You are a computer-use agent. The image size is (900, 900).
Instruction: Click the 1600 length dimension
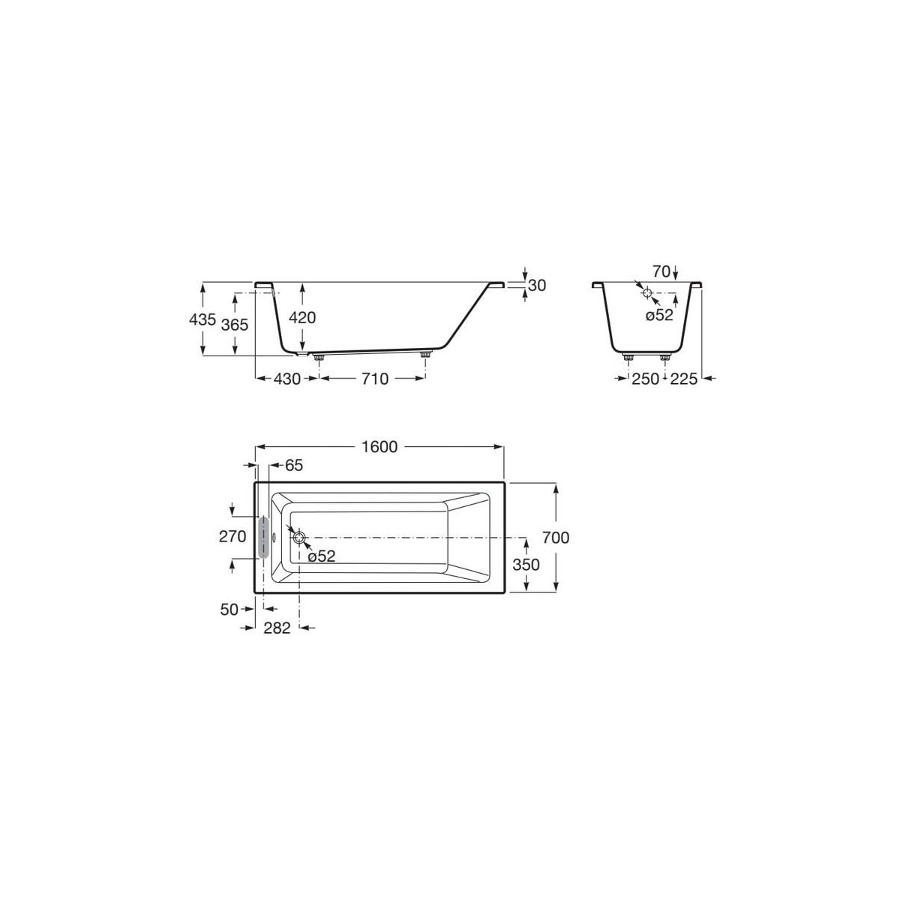coord(379,447)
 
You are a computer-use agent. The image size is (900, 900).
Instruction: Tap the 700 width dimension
coord(555,538)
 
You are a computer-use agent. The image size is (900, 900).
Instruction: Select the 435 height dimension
coord(202,319)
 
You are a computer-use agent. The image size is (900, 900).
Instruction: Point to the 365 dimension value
coord(235,324)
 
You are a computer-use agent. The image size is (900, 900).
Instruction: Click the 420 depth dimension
coord(302,317)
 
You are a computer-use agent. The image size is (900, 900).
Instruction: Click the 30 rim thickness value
coord(536,285)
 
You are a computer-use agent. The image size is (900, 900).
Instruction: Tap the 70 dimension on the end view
coord(661,270)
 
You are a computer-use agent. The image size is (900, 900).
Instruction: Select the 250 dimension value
coord(644,379)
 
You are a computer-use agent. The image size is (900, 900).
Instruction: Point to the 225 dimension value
coord(683,379)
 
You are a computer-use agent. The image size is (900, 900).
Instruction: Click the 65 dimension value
coord(294,466)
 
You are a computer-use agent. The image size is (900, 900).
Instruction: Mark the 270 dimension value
coord(233,537)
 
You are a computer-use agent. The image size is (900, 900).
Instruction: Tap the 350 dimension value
coord(525,564)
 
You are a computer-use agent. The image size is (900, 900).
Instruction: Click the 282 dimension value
coord(277,628)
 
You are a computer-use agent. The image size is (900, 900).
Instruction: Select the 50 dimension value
coord(229,609)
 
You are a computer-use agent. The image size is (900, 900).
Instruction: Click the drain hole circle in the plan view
coord(299,538)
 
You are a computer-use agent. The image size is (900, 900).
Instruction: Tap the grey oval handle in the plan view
coord(263,537)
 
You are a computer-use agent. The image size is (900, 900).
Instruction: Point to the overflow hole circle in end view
coord(647,293)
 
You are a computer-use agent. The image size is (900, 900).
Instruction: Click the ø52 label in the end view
coord(660,316)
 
